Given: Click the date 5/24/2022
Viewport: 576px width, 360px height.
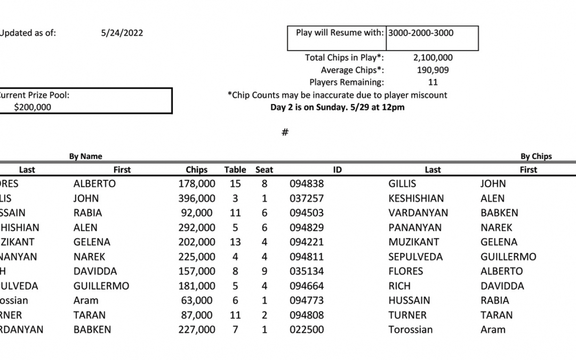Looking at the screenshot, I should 122,33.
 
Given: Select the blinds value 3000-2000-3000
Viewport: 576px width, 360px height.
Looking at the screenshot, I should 420,33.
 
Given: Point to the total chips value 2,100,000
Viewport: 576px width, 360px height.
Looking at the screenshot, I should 433,58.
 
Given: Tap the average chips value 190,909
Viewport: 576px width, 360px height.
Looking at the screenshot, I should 433,70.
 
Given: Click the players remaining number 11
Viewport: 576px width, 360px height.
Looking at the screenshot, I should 433,82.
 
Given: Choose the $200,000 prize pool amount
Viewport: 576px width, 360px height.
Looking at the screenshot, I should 33,107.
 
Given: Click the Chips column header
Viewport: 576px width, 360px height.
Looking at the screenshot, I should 196,170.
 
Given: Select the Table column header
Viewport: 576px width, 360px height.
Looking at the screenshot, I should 235,170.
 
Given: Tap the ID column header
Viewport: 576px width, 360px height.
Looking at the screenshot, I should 337,170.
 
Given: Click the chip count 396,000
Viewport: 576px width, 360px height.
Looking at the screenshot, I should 197,198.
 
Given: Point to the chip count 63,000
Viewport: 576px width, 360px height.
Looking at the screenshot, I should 197,300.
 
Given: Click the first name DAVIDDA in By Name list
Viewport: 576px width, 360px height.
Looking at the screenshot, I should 95,271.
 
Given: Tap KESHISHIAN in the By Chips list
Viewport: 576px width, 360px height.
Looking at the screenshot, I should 415,198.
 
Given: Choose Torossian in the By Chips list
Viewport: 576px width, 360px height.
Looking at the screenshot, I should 410,330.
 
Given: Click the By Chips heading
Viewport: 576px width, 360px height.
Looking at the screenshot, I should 536,156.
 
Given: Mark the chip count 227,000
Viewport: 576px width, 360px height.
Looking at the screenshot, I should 197,330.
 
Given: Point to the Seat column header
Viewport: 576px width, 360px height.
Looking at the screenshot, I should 264,170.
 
